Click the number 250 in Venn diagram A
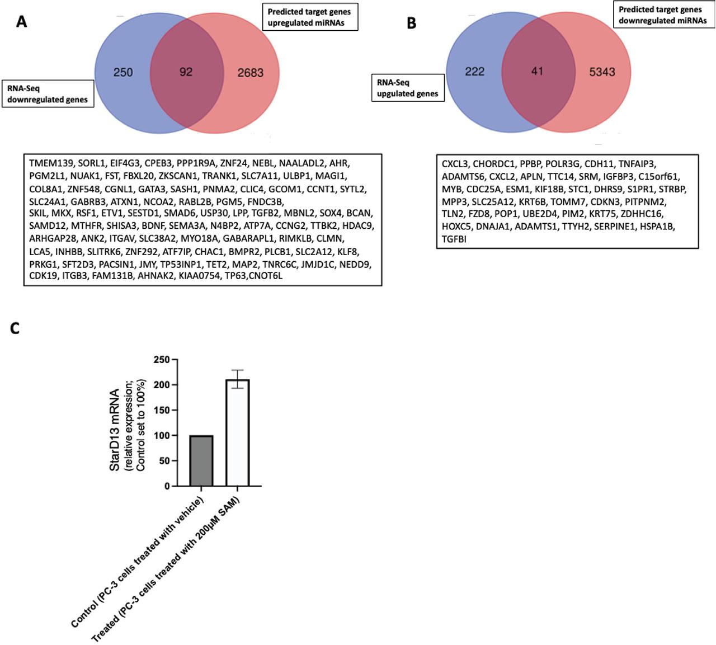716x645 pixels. (x=123, y=72)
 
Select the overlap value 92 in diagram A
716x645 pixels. (x=186, y=72)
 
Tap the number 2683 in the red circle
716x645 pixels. (x=250, y=73)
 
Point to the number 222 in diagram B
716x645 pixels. (x=474, y=72)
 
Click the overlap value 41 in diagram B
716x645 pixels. (x=537, y=72)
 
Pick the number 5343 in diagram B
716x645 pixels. (x=602, y=72)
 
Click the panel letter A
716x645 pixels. (x=21, y=22)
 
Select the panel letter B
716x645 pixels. (x=411, y=23)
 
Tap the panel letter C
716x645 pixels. (x=15, y=328)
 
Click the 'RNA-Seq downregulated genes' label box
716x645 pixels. (x=48, y=93)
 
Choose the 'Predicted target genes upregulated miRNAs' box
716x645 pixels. (x=309, y=17)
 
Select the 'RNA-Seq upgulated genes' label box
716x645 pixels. (x=408, y=88)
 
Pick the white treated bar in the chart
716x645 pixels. (x=238, y=433)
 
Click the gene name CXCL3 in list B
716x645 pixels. (x=455, y=164)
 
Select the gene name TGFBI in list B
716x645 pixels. (x=454, y=239)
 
